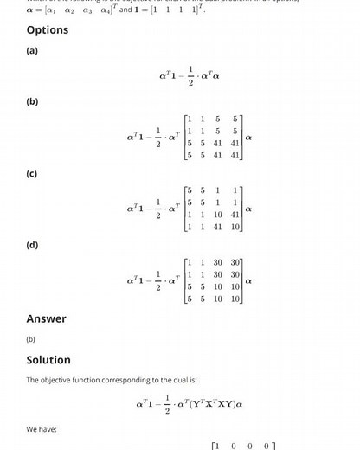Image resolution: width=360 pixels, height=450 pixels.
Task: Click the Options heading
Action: [x=48, y=30]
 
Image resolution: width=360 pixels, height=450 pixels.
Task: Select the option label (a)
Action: [x=32, y=51]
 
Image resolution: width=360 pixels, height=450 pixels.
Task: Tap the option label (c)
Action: [x=32, y=174]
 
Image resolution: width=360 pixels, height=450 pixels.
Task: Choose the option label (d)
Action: [x=32, y=245]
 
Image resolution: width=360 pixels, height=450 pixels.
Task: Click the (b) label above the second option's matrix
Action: [x=32, y=102]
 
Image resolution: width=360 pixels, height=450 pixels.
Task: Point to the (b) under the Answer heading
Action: [x=32, y=340]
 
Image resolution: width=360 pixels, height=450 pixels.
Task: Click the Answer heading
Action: [x=46, y=318]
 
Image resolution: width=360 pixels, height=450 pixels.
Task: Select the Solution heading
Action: [x=48, y=360]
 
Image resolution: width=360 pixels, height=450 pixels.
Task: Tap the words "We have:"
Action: [x=41, y=428]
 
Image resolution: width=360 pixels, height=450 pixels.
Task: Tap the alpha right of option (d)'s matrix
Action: [x=249, y=280]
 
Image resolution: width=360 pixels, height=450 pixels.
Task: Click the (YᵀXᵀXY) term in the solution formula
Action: [x=207, y=404]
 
